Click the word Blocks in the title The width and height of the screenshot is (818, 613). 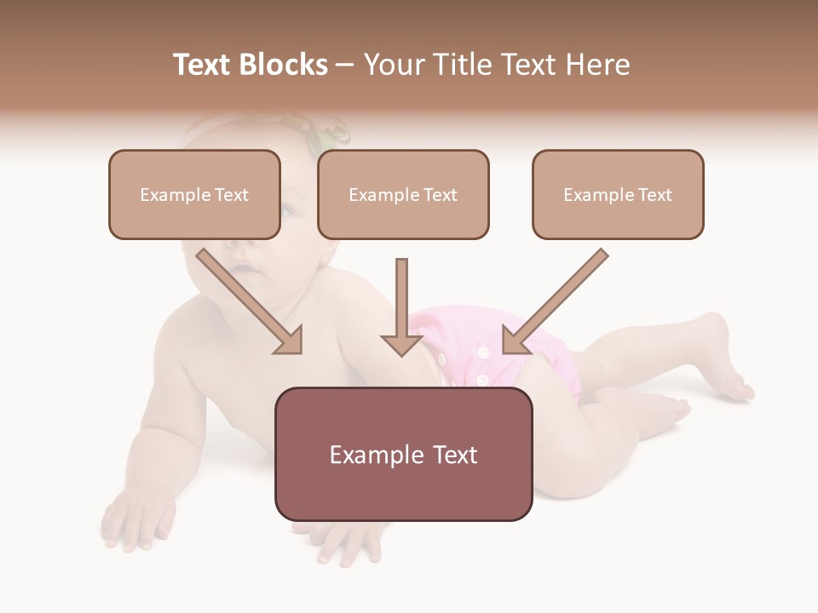coord(284,65)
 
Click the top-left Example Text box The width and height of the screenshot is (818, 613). coord(194,194)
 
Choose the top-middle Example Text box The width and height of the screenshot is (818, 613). coord(403,194)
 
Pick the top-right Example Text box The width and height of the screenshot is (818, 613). coord(618,194)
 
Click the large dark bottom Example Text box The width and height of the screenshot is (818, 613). coord(403,454)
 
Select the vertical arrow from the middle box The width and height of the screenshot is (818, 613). coord(401,306)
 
